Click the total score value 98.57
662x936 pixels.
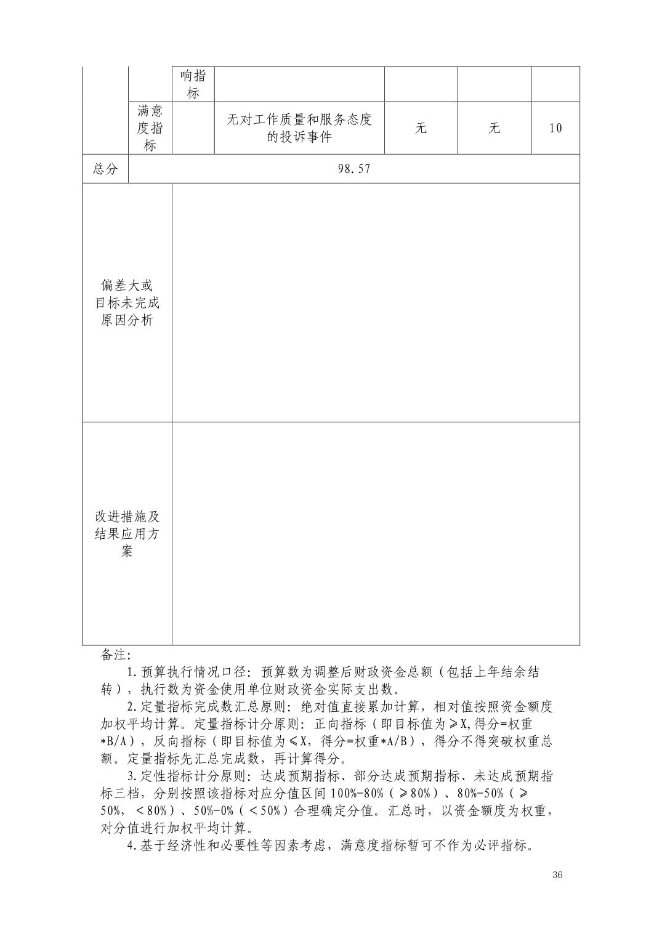354,169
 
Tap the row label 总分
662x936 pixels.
105,169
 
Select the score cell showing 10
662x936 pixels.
555,128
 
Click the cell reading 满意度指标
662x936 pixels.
150,128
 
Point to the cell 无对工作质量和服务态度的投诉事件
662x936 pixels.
299,128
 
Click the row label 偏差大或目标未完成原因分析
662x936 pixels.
127,303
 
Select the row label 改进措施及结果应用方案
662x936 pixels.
127,534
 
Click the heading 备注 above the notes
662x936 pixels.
112,655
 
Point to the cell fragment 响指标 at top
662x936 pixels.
193,84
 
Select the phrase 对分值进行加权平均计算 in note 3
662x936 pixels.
173,828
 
